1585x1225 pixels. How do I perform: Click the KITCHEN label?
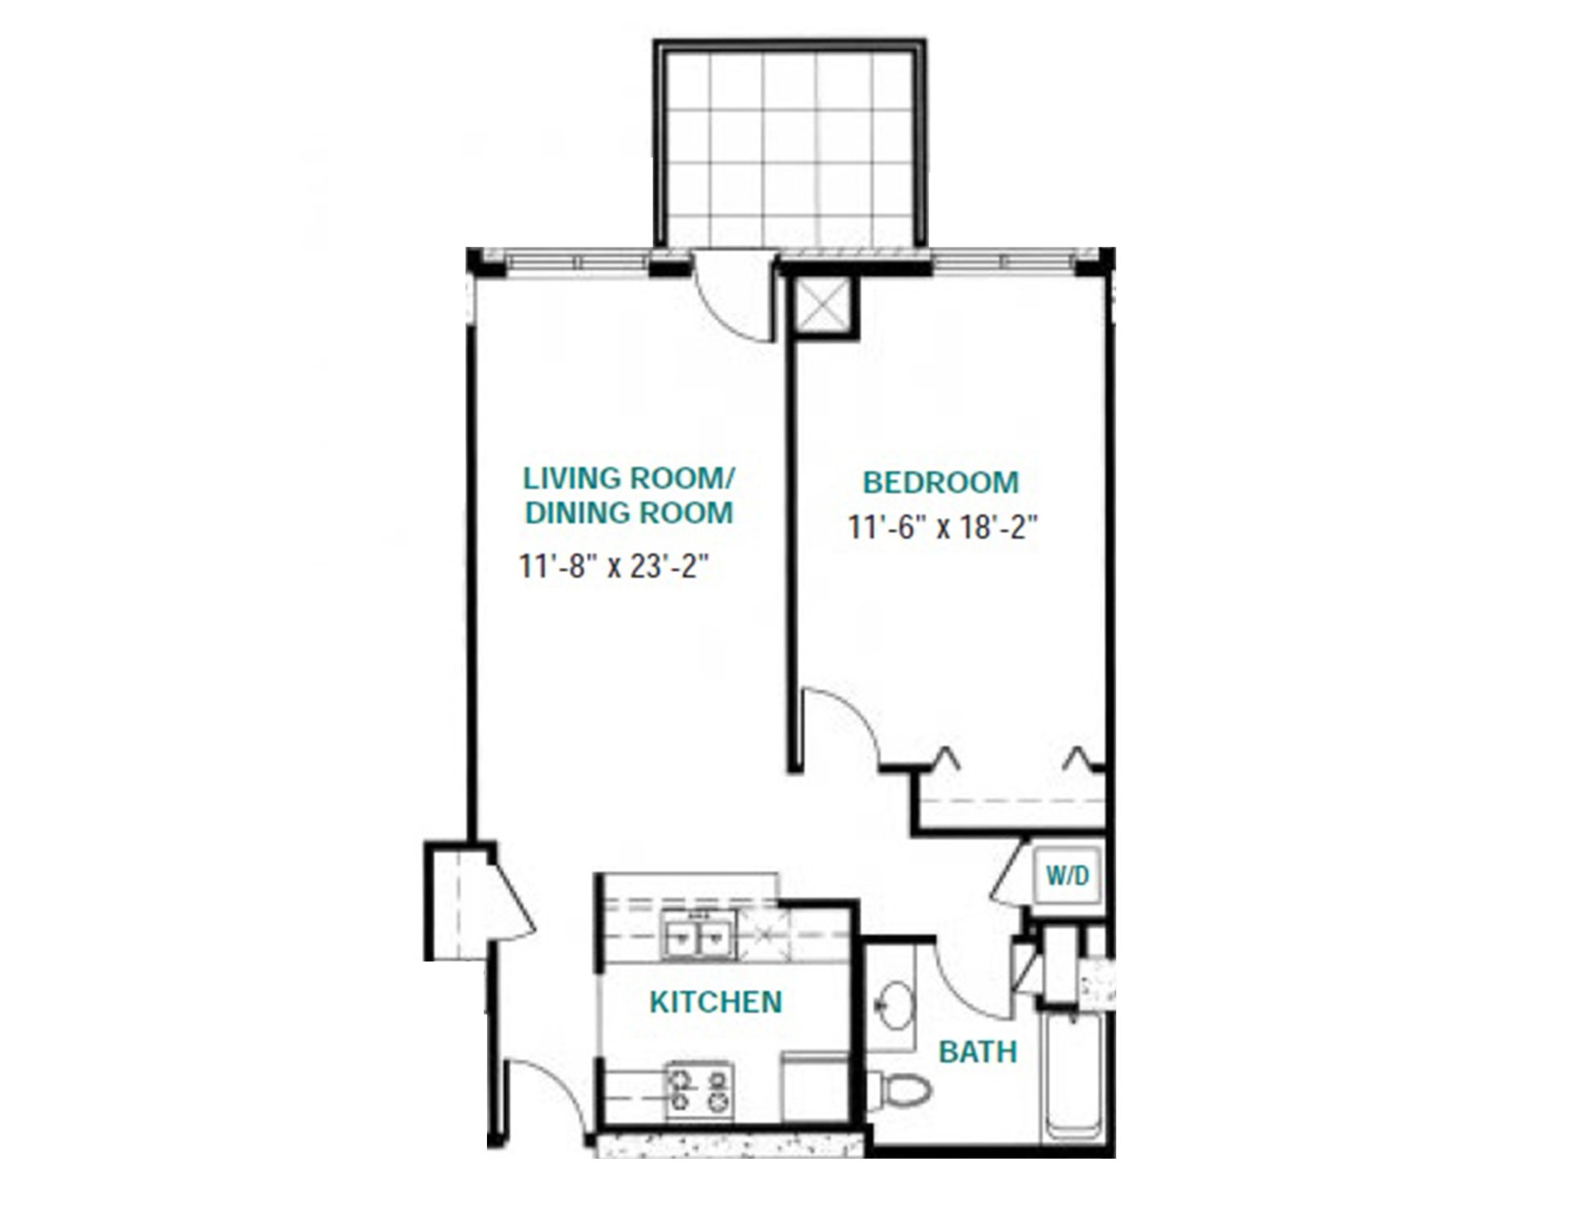[716, 1002]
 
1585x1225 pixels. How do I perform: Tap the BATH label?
[978, 1052]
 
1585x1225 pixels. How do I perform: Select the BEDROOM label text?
[940, 482]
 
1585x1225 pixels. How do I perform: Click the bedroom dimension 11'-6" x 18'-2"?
[942, 527]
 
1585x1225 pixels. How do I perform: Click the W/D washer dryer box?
[1068, 876]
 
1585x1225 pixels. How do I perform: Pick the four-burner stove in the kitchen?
[700, 1090]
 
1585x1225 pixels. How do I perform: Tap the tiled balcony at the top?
[789, 145]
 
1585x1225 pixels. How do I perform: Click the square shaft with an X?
[825, 306]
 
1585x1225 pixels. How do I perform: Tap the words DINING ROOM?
[629, 513]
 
